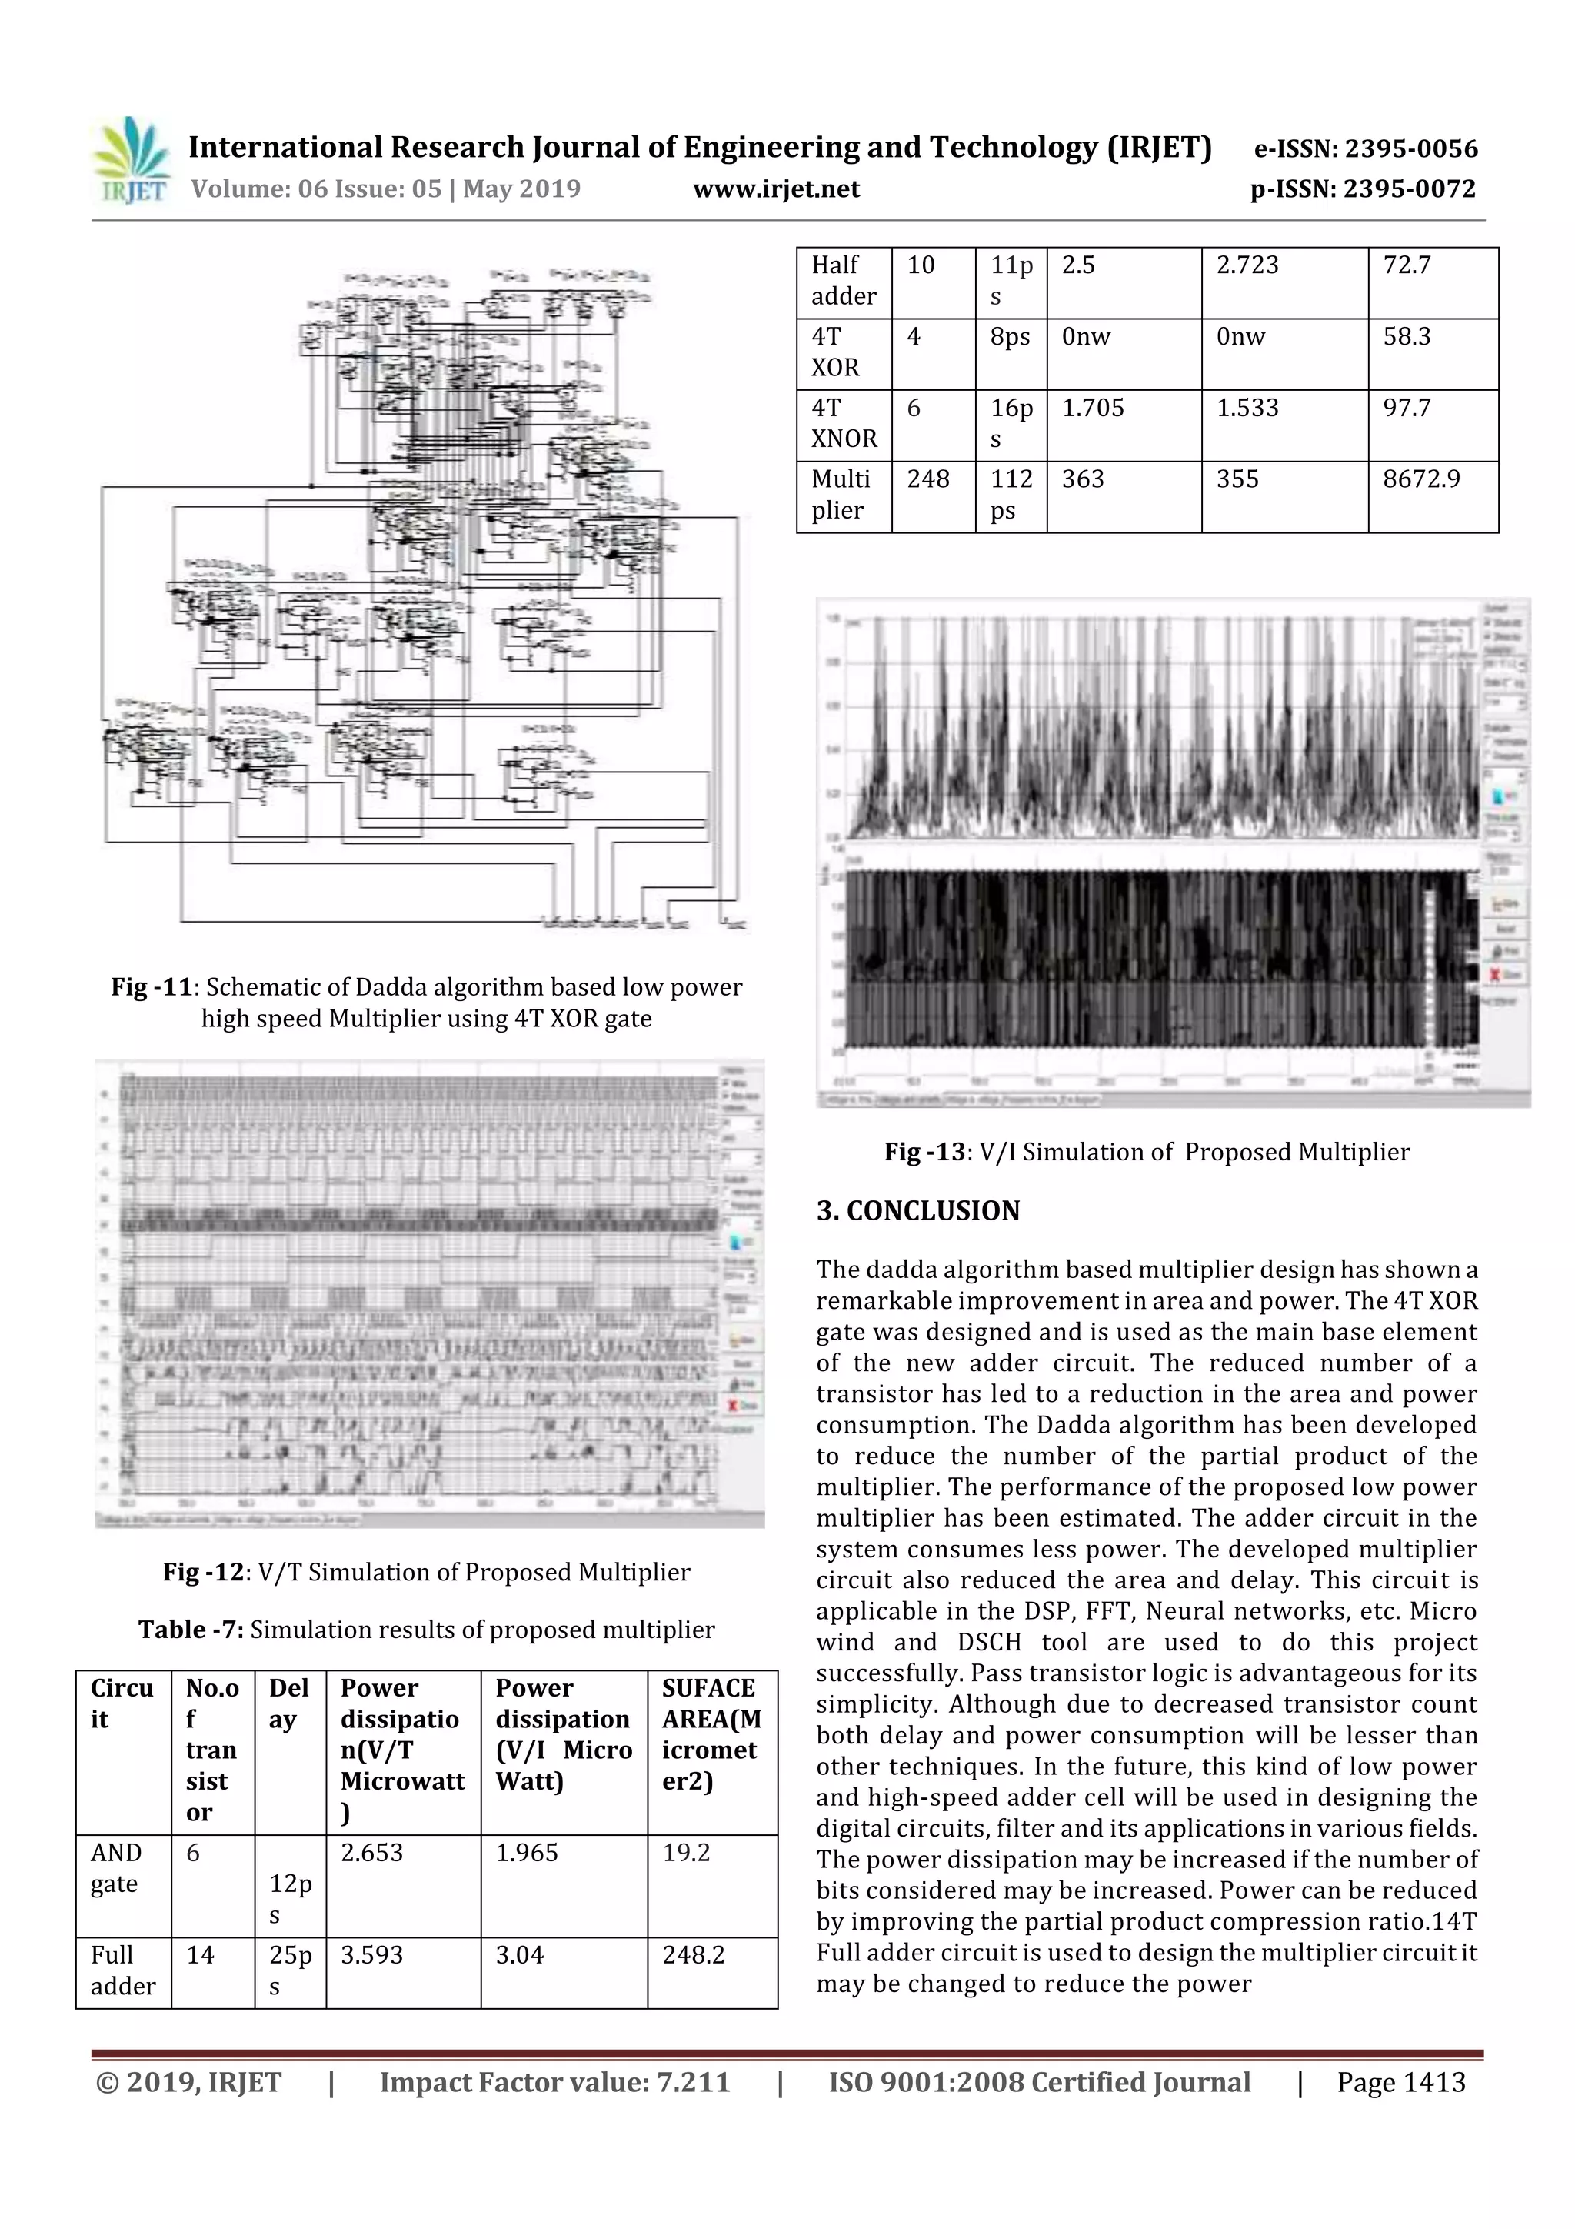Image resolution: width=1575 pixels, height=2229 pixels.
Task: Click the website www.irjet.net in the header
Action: [775, 189]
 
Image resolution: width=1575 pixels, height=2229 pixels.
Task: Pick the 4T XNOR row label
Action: [844, 423]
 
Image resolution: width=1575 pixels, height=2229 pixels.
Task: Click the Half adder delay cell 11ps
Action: [1011, 281]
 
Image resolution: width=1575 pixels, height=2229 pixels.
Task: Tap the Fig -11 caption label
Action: [152, 987]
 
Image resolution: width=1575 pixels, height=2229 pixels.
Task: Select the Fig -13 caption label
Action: [926, 1153]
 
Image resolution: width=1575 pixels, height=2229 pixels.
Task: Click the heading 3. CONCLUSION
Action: [918, 1210]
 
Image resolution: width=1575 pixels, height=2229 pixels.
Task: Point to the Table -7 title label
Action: [190, 1630]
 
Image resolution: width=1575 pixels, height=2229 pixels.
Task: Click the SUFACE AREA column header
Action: [711, 1734]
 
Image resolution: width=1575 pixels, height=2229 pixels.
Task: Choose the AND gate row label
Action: [115, 1868]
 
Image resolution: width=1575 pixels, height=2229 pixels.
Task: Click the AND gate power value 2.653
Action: [371, 1854]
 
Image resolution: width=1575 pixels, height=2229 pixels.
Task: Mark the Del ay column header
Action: [288, 1703]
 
